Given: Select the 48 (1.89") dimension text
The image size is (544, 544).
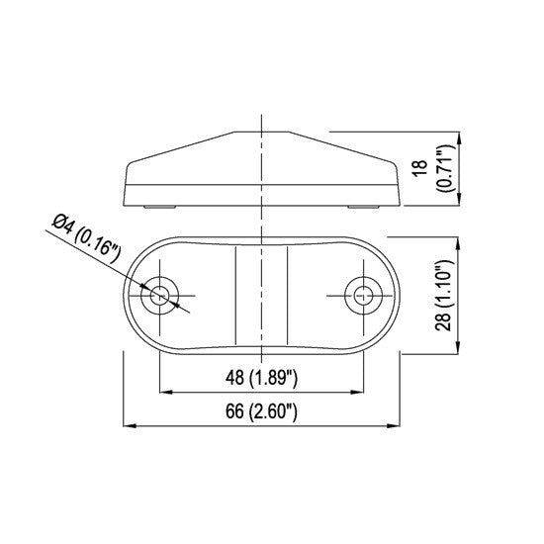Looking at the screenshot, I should coord(261,377).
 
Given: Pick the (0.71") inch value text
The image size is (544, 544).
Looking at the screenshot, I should coord(437,169).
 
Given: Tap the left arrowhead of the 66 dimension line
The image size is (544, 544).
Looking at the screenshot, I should coord(128,426).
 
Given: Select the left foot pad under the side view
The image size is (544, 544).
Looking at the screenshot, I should coord(160,206).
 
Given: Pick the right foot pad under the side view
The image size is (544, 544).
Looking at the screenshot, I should coord(362,206).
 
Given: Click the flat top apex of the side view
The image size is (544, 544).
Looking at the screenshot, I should coord(261,132).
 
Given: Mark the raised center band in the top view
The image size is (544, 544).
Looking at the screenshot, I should coord(261,294).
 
